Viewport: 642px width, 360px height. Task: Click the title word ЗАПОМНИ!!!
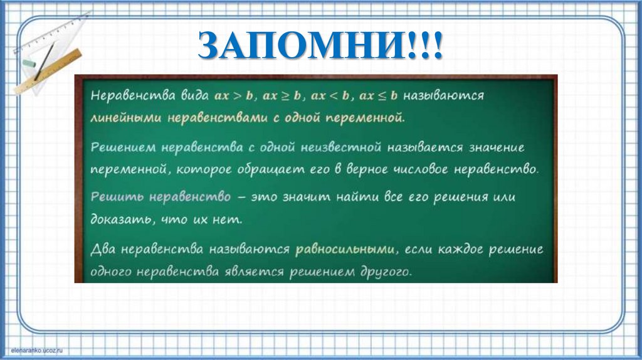pos(320,46)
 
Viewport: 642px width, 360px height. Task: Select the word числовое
pos(439,169)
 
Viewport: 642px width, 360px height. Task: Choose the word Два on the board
pos(103,249)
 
